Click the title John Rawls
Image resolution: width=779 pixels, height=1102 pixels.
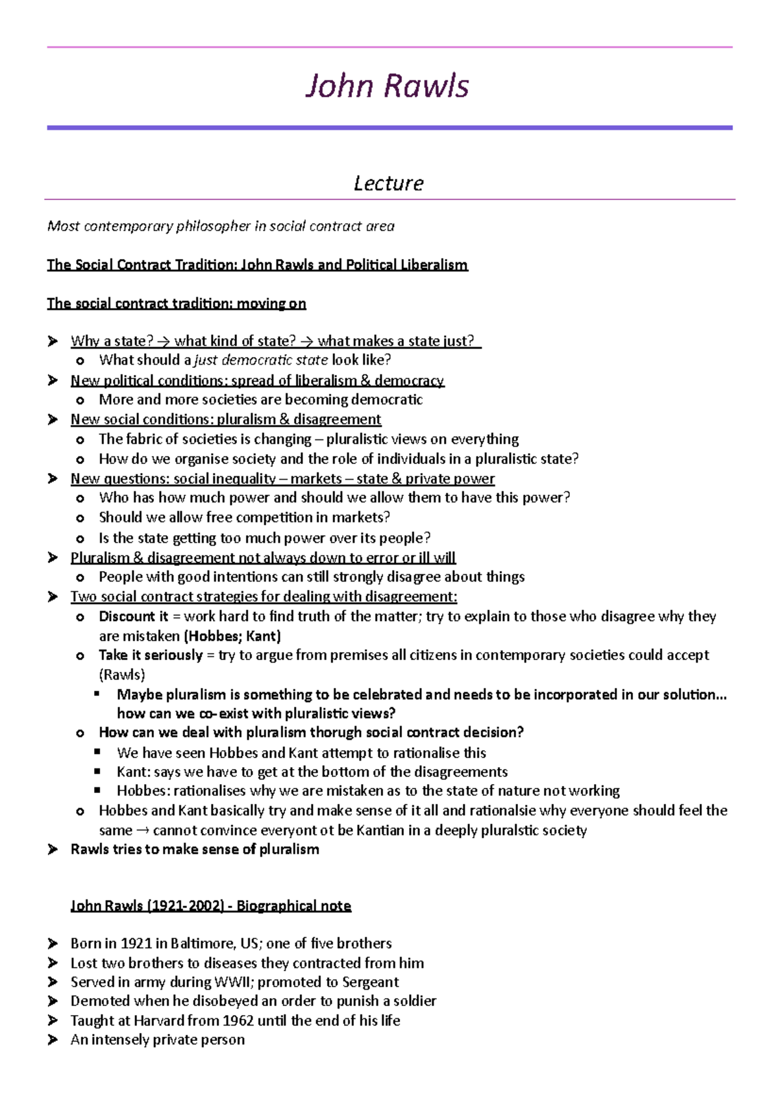pyautogui.click(x=387, y=86)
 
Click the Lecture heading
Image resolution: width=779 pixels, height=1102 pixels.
pyautogui.click(x=388, y=184)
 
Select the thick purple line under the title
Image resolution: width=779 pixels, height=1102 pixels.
pyautogui.click(x=389, y=128)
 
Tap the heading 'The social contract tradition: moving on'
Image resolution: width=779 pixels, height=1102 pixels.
pyautogui.click(x=176, y=304)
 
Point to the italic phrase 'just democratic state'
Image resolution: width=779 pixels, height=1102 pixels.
pyautogui.click(x=260, y=360)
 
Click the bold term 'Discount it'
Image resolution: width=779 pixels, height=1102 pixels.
pyautogui.click(x=133, y=617)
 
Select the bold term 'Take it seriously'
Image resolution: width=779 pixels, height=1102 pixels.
pyautogui.click(x=151, y=655)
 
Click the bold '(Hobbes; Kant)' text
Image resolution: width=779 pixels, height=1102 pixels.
pyautogui.click(x=232, y=636)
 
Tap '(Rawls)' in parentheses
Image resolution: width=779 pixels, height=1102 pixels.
pyautogui.click(x=121, y=675)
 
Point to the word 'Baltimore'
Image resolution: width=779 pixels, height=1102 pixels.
pyautogui.click(x=201, y=944)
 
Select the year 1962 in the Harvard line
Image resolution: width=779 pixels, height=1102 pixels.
pyautogui.click(x=238, y=1021)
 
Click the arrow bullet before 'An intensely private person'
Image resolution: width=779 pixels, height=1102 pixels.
pyautogui.click(x=53, y=1040)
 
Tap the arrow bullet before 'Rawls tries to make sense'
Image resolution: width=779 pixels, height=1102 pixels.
pyautogui.click(x=53, y=850)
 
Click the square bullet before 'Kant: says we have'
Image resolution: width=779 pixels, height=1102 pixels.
pyautogui.click(x=97, y=772)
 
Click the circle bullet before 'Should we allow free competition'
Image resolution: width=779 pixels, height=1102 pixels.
pyautogui.click(x=80, y=519)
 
